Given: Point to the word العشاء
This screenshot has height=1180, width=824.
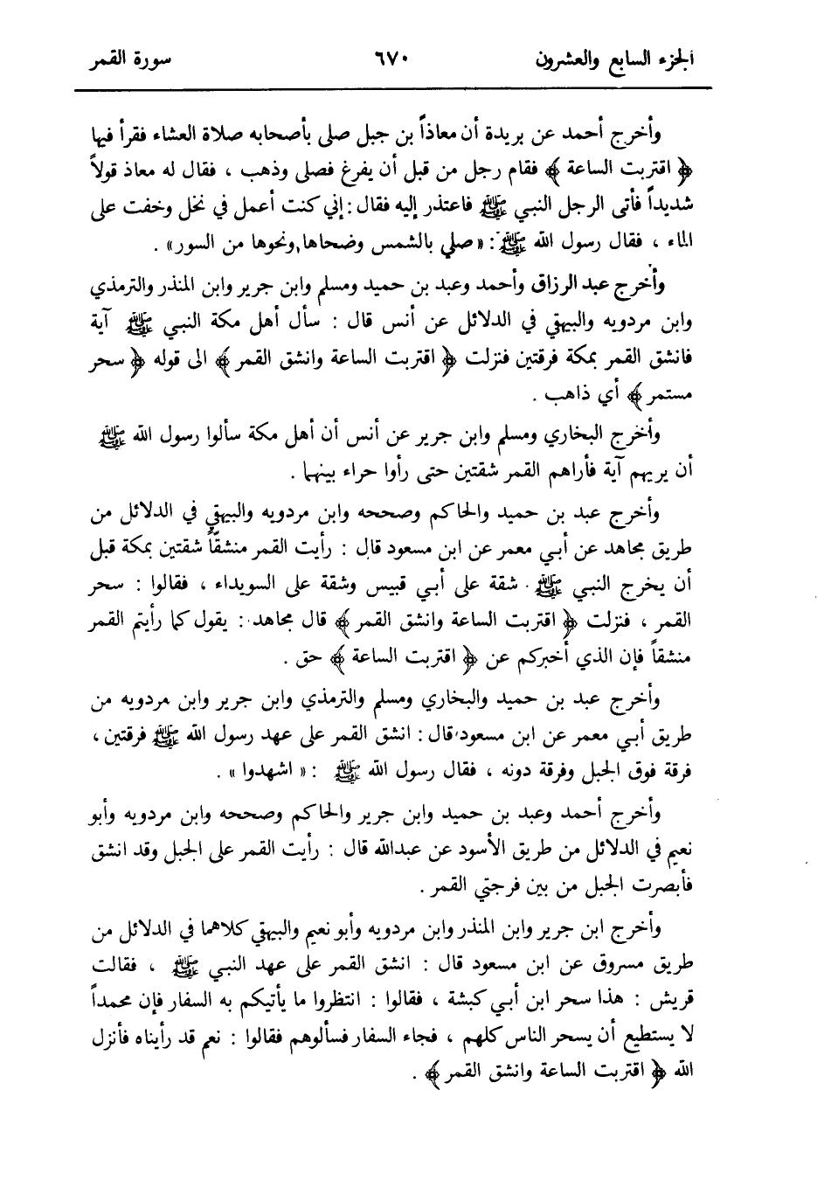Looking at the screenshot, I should [206, 133].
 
